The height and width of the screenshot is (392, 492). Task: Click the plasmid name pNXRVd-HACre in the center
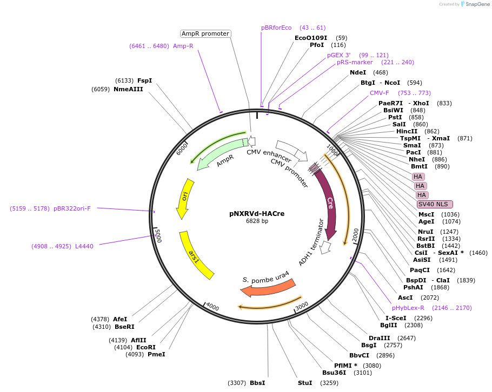257,213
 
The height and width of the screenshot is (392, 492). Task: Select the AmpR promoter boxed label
205,33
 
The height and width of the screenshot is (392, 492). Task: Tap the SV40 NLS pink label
435,204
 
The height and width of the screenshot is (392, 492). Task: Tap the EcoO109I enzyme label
311,38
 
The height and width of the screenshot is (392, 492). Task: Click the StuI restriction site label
305,383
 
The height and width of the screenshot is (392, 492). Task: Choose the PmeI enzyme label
156,354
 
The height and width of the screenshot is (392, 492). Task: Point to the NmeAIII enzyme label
128,89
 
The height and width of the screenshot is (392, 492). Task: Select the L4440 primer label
84,246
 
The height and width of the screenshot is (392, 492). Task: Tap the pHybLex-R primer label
408,308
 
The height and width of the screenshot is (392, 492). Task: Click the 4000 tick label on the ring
212,307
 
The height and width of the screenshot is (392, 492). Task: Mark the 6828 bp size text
257,221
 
